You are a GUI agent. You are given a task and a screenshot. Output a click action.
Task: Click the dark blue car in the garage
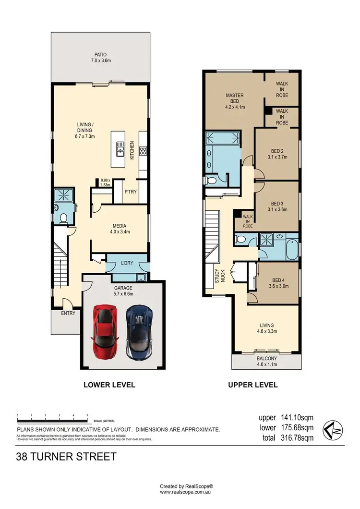point(139,331)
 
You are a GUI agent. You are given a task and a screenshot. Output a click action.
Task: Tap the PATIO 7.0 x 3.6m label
point(100,58)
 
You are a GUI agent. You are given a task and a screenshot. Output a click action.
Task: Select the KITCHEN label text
point(132,150)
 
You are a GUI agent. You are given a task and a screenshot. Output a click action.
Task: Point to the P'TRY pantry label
point(131,192)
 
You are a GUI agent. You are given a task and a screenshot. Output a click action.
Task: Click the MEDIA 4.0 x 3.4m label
point(120,229)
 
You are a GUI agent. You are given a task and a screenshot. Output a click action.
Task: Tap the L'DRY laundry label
point(126,263)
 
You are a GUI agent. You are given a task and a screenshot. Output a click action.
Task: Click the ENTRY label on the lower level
point(68,313)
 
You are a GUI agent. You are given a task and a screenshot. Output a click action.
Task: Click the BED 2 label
point(276,154)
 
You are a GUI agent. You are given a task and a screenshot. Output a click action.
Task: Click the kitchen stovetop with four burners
point(143,151)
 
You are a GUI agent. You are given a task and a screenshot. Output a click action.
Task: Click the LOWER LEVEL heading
point(109,385)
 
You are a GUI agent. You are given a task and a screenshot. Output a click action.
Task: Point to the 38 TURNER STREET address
point(66,456)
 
